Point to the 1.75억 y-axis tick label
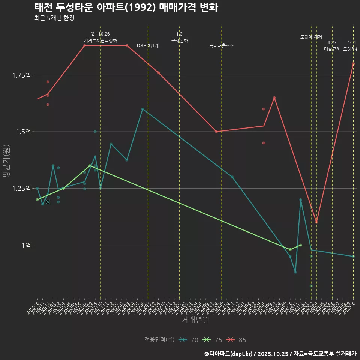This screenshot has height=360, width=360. (21, 75)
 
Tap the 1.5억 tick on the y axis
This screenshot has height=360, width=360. (23, 132)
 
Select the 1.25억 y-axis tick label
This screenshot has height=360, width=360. (21, 188)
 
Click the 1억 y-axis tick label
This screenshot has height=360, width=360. (26, 245)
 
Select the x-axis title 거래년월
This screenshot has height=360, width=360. (195, 319)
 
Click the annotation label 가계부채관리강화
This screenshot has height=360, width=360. (100, 40)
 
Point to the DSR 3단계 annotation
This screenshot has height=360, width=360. (148, 46)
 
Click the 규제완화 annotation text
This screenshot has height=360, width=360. (179, 40)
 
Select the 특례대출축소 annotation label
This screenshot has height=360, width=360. (222, 46)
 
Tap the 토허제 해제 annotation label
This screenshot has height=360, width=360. (311, 37)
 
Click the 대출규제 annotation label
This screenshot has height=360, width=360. (332, 49)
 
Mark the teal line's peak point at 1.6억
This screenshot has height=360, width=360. (142, 109)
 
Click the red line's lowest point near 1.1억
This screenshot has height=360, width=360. (316, 222)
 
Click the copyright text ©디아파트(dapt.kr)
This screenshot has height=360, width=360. (229, 354)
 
